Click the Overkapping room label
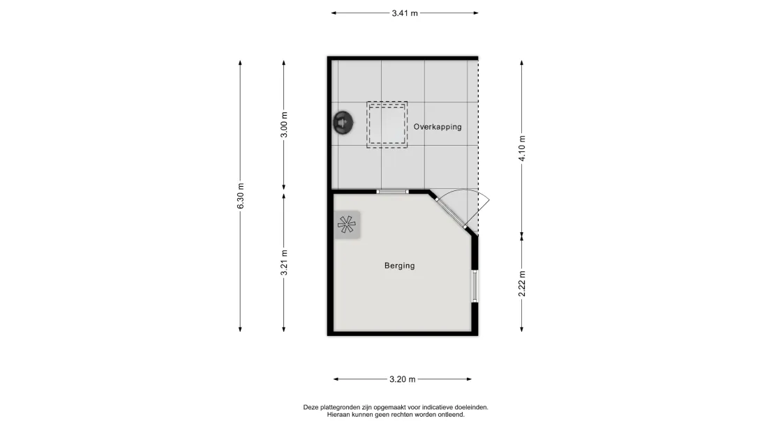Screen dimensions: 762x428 [438, 127]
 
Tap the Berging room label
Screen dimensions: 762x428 [399, 266]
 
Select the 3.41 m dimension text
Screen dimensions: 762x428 [405, 13]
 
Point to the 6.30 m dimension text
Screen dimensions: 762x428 [241, 196]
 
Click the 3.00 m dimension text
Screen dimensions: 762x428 [284, 125]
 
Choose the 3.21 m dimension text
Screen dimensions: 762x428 [284, 263]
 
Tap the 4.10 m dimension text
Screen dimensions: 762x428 [522, 148]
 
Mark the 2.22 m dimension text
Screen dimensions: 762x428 [522, 284]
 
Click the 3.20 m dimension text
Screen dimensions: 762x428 [403, 379]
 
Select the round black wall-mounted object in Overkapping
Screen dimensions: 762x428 [343, 123]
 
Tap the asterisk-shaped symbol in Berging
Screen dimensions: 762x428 [347, 224]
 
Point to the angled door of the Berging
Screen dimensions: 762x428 [451, 213]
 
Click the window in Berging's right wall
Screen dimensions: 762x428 [475, 286]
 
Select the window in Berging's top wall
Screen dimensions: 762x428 [393, 192]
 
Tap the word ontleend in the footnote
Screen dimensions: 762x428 [452, 415]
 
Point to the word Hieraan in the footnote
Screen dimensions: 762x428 [338, 415]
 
